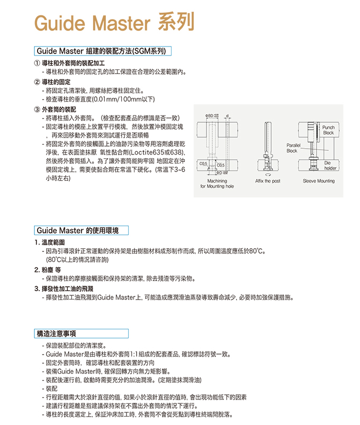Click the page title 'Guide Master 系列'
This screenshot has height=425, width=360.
(x=114, y=23)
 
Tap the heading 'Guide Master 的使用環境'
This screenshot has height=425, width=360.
(x=81, y=230)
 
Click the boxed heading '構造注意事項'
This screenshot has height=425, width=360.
(x=56, y=333)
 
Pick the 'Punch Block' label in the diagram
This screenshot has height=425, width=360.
(x=328, y=130)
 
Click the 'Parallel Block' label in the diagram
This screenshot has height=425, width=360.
(x=292, y=148)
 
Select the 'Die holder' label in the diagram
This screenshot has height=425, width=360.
(x=330, y=166)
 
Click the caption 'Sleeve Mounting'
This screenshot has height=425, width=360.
(x=319, y=181)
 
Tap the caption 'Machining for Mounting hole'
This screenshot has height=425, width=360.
(x=217, y=184)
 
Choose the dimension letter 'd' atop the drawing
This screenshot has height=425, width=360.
(x=227, y=115)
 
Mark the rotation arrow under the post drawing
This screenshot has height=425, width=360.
(x=267, y=174)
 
